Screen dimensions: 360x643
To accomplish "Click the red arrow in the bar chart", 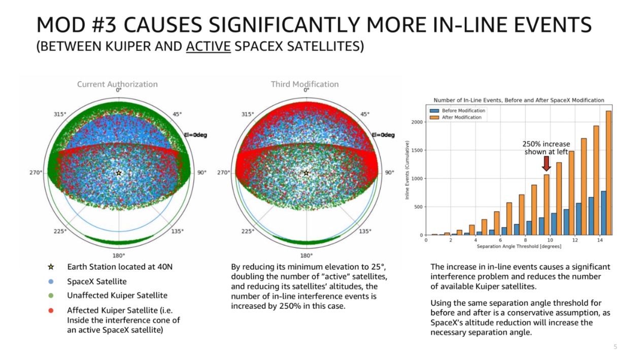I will (x=546, y=163).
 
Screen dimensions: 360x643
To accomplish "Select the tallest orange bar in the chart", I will (x=608, y=173).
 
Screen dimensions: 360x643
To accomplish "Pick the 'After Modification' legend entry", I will (x=457, y=117).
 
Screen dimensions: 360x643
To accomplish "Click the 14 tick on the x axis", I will (x=600, y=240).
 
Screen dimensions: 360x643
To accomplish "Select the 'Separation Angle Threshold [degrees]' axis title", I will (x=519, y=246).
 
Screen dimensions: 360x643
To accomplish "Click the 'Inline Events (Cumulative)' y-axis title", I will (x=407, y=173).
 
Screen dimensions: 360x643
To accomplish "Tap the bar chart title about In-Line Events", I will (x=519, y=100).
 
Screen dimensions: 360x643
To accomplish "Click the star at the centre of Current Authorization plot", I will (x=118, y=173).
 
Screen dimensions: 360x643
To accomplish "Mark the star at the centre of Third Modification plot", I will (x=306, y=173).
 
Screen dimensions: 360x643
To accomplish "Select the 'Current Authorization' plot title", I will (x=117, y=84).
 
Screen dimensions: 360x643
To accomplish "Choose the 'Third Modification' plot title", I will (x=304, y=84).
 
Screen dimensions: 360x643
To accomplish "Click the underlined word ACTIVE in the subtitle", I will (x=208, y=47).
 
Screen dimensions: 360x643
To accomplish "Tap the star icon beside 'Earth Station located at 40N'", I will (x=51, y=267).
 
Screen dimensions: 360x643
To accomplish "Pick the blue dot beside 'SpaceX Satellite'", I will (x=51, y=281).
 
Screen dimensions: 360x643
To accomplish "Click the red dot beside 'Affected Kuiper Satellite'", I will (x=51, y=310).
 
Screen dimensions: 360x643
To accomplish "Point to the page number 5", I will (x=616, y=347).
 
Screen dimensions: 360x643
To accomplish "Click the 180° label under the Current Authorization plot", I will (x=118, y=255).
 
